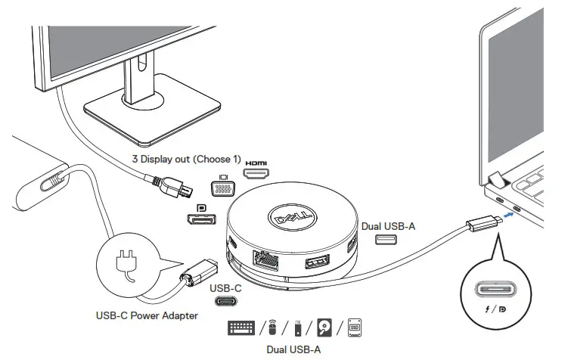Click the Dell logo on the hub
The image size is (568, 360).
pyautogui.click(x=290, y=218)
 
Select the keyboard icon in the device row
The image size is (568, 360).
pyautogui.click(x=242, y=328)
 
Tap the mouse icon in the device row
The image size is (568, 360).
pyautogui.click(x=273, y=329)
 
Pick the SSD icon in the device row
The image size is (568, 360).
pyautogui.click(x=354, y=328)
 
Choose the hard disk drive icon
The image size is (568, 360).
pyautogui.click(x=326, y=328)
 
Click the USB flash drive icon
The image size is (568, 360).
pyautogui.click(x=299, y=329)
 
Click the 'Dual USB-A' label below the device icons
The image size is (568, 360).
pyautogui.click(x=294, y=349)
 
